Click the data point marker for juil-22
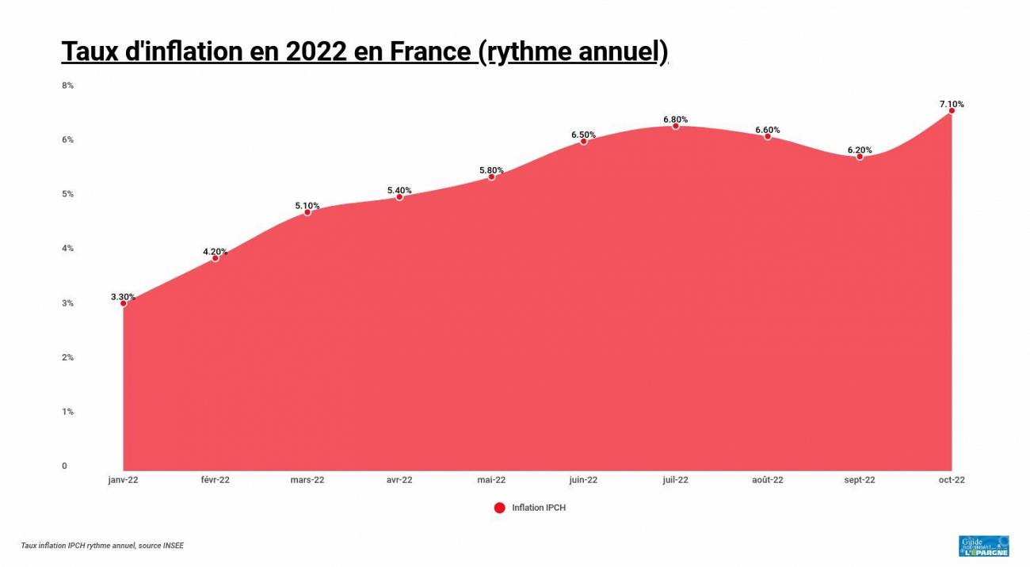click(x=676, y=126)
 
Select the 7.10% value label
click(x=952, y=104)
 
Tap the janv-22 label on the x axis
click(x=123, y=480)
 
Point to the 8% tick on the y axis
click(x=67, y=85)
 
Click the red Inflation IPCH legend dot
click(x=499, y=508)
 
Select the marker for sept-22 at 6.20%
click(x=860, y=156)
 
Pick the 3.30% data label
click(x=123, y=297)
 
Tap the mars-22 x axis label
click(x=307, y=480)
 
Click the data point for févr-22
click(x=215, y=258)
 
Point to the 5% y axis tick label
click(x=67, y=194)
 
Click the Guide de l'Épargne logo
click(x=983, y=546)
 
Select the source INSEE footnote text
click(x=102, y=546)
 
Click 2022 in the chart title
click(x=316, y=51)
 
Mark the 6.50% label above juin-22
click(x=583, y=135)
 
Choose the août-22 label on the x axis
click(x=768, y=480)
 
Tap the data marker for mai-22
click(x=491, y=177)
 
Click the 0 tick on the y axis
click(x=64, y=466)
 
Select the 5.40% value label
click(x=399, y=190)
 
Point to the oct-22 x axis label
click(x=952, y=480)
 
